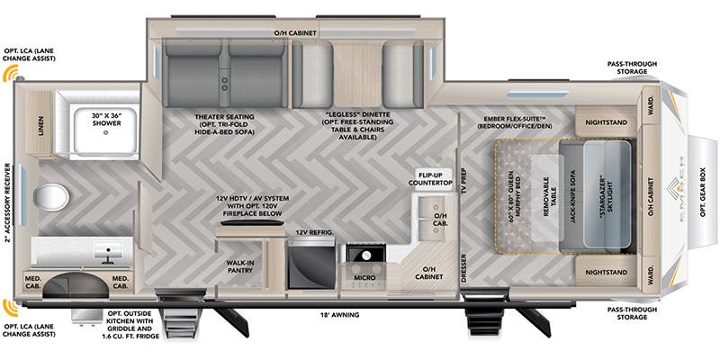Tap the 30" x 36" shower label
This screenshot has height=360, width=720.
pos(109,116)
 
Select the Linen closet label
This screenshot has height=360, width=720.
pos(40,126)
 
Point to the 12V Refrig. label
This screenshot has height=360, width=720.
pos(315,233)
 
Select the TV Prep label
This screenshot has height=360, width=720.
pos(464,181)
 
